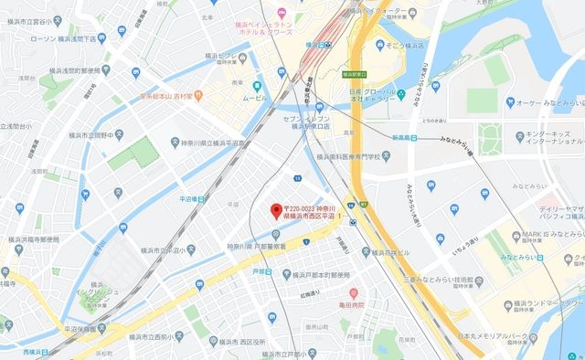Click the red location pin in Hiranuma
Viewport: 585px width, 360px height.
coord(273,210)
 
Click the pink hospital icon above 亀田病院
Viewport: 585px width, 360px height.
coord(353,292)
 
